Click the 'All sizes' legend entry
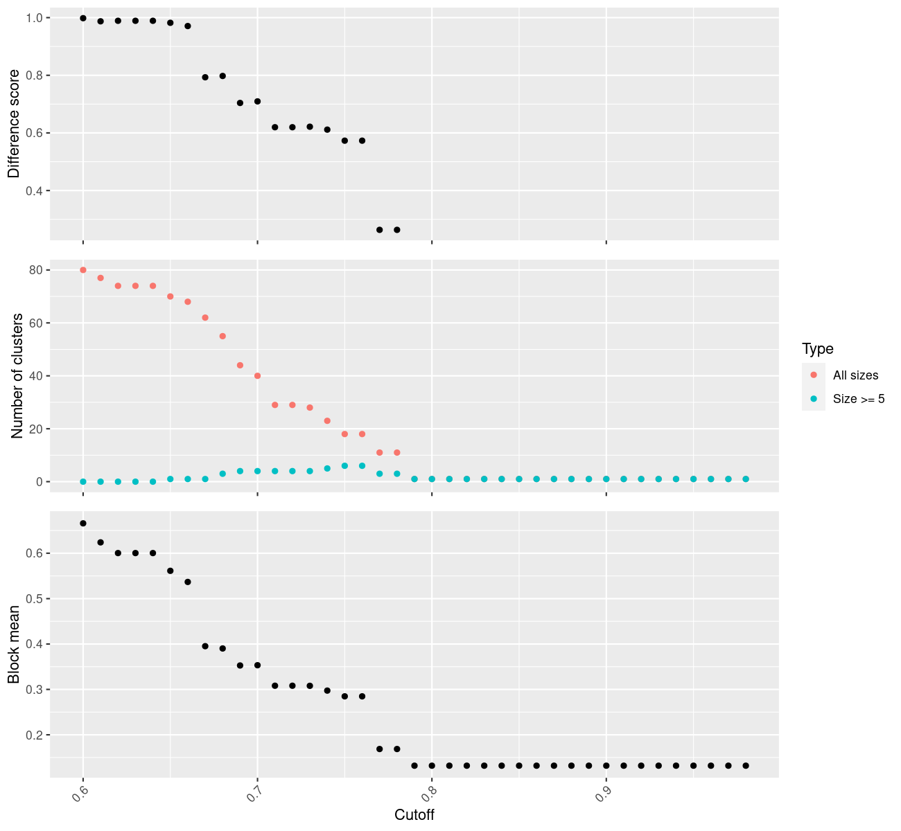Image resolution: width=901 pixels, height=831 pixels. point(855,375)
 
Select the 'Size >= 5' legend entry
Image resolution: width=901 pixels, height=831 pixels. point(859,399)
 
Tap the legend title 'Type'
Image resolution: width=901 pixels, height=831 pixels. point(817,348)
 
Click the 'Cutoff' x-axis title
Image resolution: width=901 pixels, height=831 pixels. point(414,815)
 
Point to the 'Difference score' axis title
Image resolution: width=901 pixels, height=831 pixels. point(14,123)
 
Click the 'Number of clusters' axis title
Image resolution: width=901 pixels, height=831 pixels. point(17,376)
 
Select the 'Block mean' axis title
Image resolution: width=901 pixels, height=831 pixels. point(14,645)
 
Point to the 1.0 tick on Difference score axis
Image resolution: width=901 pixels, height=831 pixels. point(33,17)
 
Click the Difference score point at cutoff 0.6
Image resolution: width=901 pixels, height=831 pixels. point(83,18)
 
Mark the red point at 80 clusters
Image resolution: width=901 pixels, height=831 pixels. point(83,270)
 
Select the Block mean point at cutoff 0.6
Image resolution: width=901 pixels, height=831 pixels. point(83,524)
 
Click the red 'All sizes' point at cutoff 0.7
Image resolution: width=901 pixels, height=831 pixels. point(257,376)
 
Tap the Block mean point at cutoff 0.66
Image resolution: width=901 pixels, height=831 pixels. point(188,582)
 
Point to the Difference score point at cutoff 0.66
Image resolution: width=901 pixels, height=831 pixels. point(188,26)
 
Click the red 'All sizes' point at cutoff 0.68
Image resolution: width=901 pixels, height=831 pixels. point(222,336)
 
